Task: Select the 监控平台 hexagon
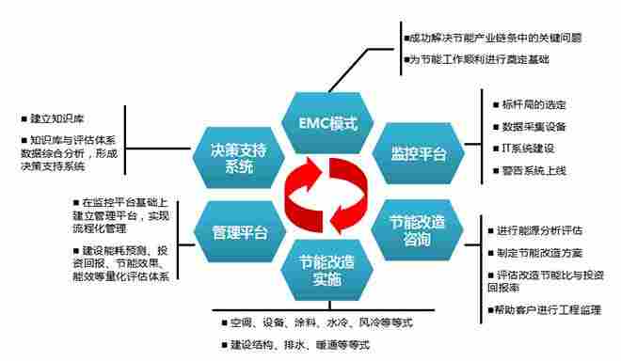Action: pos(411,152)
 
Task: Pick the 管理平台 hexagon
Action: pos(229,230)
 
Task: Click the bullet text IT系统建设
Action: pos(527,149)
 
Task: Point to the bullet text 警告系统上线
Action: pos(533,171)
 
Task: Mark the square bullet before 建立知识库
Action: pos(23,119)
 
